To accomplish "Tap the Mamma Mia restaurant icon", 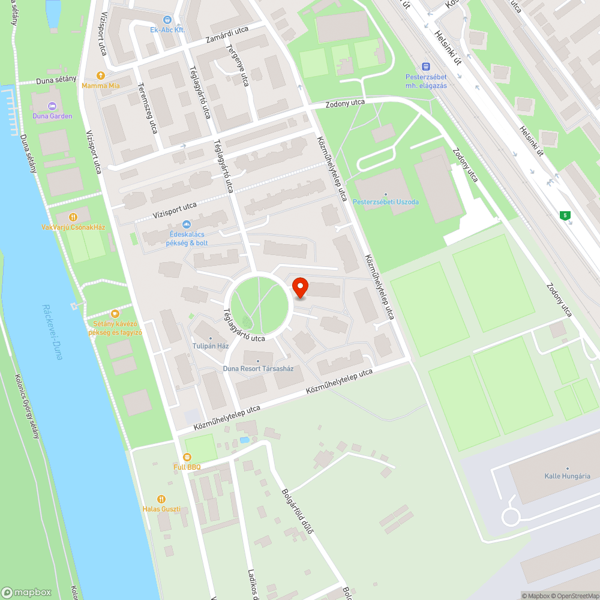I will pos(101,76).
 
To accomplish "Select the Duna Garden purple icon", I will pos(53,106).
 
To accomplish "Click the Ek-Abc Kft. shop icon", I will pos(167,19).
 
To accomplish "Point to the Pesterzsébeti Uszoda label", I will pos(386,202).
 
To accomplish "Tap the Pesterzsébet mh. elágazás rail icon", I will pos(427,67).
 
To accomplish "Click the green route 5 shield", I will pos(565,215).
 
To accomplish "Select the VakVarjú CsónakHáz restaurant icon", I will pos(73,217).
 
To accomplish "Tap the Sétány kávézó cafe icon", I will pos(115,313).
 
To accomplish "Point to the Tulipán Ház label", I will pos(211,346).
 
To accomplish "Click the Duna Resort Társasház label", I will pos(258,368).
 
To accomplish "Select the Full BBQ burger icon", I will pos(187,457).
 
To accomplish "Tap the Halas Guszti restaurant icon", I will pos(161,499).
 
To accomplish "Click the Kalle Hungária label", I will pos(568,476).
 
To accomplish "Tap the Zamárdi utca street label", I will pos(227,36).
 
